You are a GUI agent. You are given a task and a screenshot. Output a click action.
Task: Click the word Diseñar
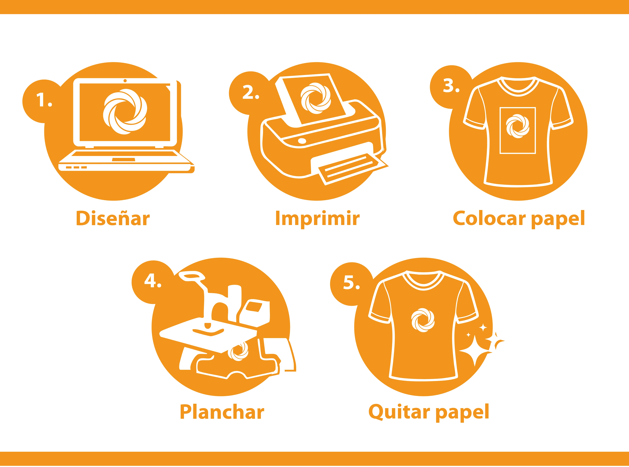[x=113, y=218]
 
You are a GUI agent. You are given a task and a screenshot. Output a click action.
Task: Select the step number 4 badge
[x=153, y=282]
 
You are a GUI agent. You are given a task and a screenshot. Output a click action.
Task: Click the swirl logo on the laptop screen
[x=125, y=112]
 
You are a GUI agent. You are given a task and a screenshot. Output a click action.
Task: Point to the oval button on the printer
[x=302, y=141]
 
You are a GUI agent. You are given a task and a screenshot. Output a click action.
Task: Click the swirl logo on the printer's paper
[x=315, y=98]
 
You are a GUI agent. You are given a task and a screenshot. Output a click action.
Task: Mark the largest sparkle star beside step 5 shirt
[x=475, y=351]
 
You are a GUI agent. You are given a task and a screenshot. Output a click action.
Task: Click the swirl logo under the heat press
[x=240, y=351]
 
